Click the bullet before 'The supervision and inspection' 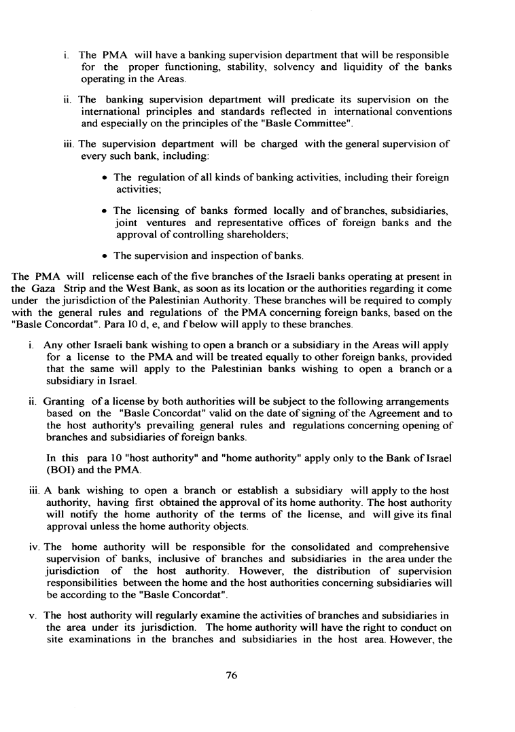tap(104, 256)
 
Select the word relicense tap(101, 277)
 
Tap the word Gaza tap(45, 289)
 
